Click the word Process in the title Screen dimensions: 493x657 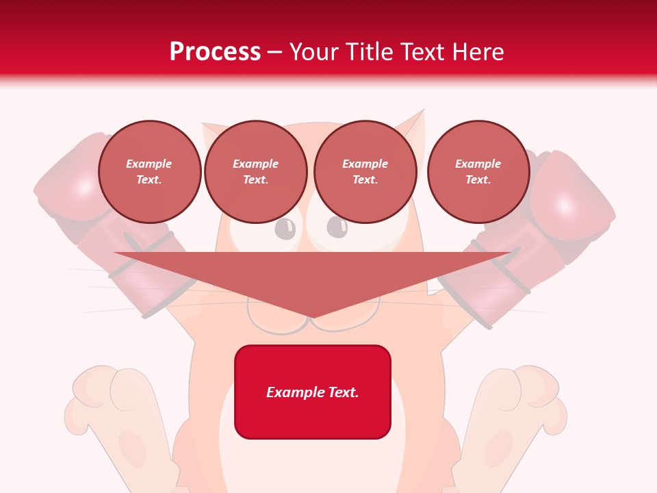click(x=215, y=52)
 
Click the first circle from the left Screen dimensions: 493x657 click(x=149, y=172)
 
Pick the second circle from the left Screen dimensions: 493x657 click(x=255, y=172)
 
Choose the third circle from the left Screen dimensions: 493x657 click(x=365, y=172)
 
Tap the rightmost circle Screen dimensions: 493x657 click(x=478, y=172)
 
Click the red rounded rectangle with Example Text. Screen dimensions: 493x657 click(x=313, y=392)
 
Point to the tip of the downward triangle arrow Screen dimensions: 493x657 click(x=312, y=316)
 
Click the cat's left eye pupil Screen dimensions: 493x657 click(x=285, y=227)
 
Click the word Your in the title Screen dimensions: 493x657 click(x=314, y=52)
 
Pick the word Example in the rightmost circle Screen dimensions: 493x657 click(x=478, y=164)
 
